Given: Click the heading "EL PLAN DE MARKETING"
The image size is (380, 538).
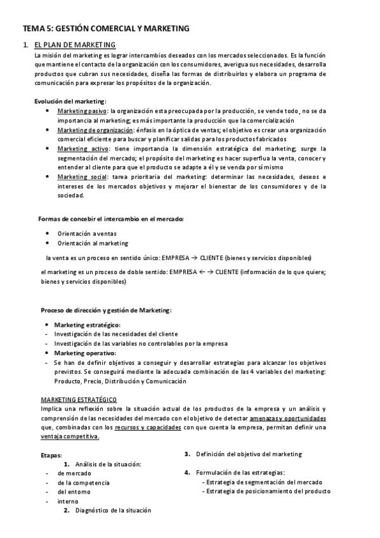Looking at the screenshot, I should coord(75,45).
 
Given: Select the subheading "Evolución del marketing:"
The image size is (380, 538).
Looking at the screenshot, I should coord(70,101).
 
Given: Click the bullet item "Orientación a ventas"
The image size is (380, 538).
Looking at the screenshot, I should coord(86,233).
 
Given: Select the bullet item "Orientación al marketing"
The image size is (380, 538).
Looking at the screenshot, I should coord(93,243).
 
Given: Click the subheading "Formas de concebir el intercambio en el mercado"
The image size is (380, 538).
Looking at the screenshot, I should coord(111,219).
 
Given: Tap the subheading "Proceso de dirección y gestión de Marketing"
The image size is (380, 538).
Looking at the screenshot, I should coord(106,310).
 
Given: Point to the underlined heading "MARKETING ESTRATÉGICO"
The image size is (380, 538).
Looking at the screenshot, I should coord(79,400).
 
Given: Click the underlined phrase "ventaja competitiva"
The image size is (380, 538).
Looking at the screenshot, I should coord(69,437).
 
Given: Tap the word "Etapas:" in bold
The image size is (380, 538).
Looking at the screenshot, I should coord(51,455).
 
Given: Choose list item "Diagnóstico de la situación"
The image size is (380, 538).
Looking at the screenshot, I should coord(113,510).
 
